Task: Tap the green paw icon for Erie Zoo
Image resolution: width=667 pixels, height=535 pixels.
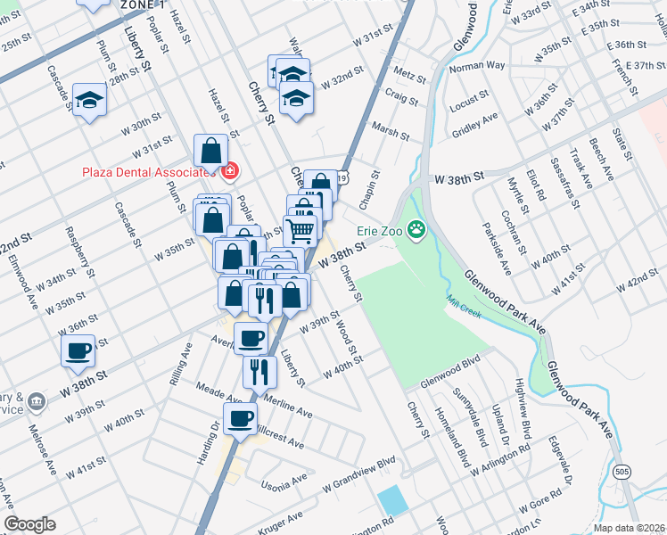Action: [x=416, y=231]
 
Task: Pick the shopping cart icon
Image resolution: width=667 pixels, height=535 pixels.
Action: [x=301, y=230]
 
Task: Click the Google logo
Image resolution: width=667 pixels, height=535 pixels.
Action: [x=29, y=524]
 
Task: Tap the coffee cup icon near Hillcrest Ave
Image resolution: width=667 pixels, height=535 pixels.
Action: [x=239, y=418]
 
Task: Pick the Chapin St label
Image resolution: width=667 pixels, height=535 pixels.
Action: [x=366, y=186]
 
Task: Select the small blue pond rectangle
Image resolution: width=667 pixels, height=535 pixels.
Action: [x=392, y=499]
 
